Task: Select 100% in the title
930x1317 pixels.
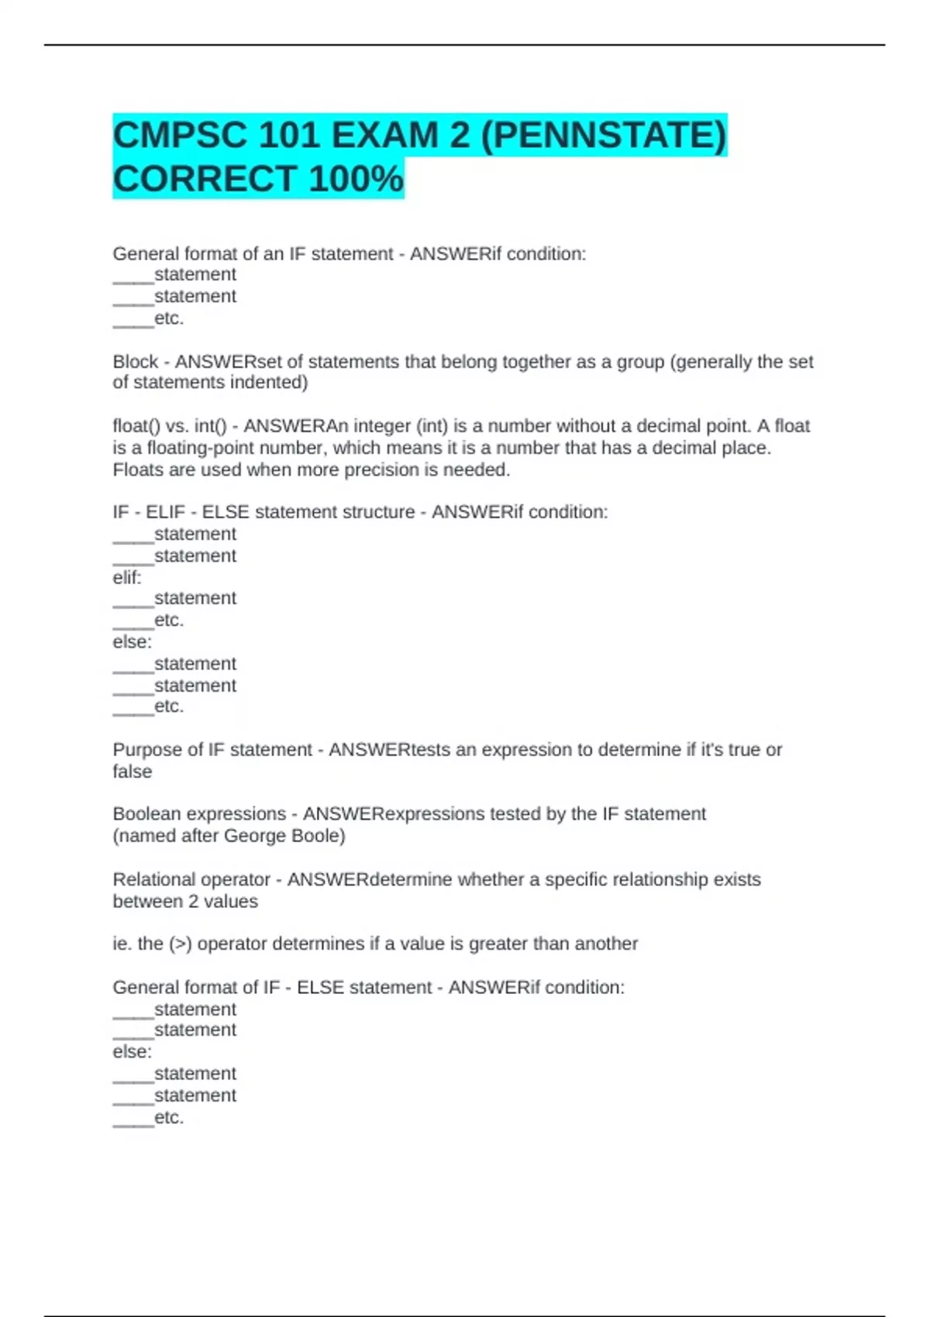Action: (356, 179)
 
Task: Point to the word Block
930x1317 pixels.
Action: (136, 362)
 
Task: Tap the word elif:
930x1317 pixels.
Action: (127, 577)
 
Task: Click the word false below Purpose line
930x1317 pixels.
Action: (133, 772)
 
